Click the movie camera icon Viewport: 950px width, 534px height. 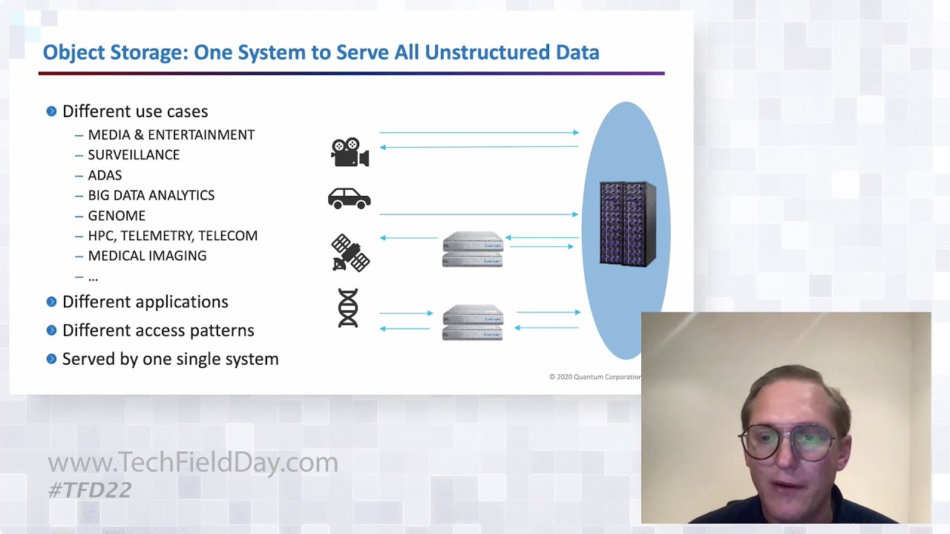tap(350, 152)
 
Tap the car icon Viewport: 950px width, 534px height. tap(349, 198)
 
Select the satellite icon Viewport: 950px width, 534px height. tap(350, 253)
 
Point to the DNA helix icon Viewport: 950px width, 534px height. tap(348, 308)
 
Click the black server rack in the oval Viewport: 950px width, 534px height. tap(627, 223)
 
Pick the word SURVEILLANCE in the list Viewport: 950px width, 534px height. tap(134, 155)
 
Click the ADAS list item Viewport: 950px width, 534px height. tap(105, 175)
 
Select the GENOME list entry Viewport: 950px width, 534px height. tap(117, 216)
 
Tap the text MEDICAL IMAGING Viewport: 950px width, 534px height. tap(147, 256)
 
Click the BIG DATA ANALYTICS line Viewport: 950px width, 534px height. tap(151, 196)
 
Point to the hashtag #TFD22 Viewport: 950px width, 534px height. tap(90, 490)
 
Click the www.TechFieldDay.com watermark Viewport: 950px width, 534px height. tap(193, 463)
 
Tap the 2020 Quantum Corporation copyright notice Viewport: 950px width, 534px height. tap(594, 377)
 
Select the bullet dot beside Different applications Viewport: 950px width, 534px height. tap(51, 302)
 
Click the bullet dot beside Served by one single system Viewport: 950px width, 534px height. tap(51, 359)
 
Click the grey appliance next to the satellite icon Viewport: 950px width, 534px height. tap(473, 249)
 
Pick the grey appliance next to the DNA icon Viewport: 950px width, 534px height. tap(473, 322)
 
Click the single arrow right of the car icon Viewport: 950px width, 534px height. tap(478, 214)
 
